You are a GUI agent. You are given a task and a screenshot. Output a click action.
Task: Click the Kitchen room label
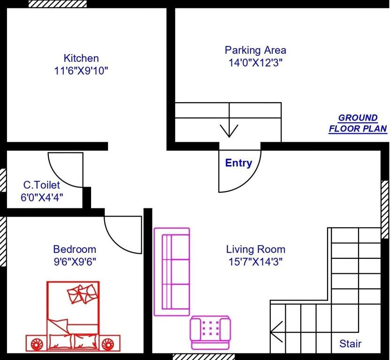pos(81,59)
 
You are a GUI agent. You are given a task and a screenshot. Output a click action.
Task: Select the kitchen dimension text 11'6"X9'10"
pos(81,71)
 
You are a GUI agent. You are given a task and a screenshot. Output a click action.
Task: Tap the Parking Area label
pos(255,50)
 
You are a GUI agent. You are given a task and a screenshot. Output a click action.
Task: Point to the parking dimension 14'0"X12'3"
pos(255,62)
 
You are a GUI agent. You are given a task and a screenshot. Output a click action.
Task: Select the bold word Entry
pos(238,163)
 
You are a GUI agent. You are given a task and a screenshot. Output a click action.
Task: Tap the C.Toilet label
pos(42,186)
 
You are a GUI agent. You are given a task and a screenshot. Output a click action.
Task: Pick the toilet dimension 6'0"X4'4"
pos(42,197)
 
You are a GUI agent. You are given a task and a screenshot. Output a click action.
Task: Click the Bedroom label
pos(74,249)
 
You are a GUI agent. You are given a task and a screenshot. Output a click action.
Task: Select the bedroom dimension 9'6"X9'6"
pos(74,261)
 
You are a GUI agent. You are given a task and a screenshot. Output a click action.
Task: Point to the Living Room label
pos(255,249)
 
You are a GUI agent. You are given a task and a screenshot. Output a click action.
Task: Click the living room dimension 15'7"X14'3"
pos(255,261)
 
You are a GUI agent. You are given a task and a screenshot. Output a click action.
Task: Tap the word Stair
pos(350,344)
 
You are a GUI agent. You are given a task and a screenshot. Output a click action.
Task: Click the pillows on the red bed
pos(83,294)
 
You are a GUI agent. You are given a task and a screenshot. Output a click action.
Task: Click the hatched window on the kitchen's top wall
pos(58,4)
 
